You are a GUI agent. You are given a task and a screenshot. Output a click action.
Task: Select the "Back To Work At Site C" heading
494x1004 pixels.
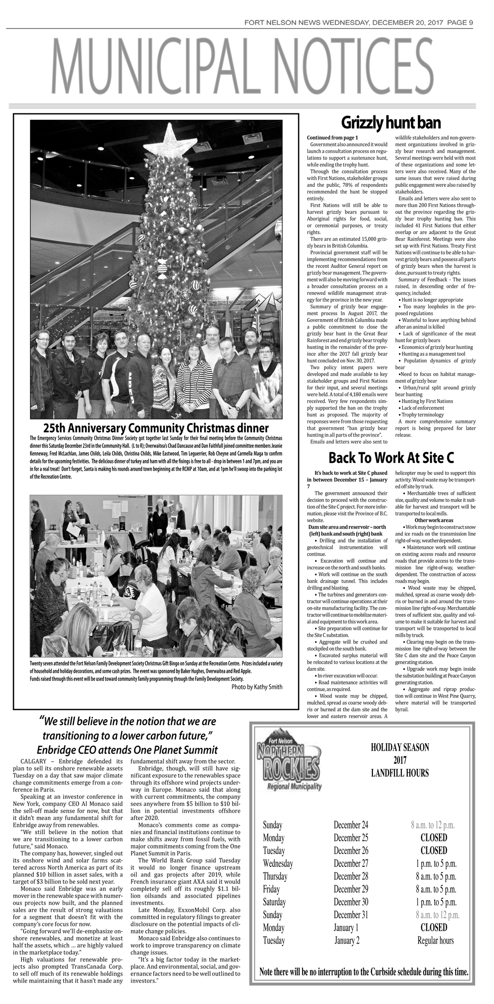point(391,457)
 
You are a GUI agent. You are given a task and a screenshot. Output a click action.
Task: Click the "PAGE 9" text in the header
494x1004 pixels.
point(460,22)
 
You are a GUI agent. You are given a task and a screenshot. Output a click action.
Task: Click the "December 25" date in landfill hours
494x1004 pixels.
point(351,837)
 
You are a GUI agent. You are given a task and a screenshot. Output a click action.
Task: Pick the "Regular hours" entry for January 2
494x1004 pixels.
point(435,940)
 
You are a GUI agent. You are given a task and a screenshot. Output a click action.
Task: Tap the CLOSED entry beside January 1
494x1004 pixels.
point(434,927)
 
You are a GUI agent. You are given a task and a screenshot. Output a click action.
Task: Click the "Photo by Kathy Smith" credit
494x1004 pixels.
point(257,687)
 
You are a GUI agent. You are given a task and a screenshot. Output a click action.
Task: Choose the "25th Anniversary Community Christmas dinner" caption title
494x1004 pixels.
point(156,428)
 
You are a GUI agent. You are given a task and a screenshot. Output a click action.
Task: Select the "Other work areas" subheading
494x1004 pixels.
point(434,520)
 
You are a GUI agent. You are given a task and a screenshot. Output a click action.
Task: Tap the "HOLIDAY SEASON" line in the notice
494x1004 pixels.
point(399,747)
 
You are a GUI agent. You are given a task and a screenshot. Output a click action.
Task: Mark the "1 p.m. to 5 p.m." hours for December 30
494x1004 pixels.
point(436,902)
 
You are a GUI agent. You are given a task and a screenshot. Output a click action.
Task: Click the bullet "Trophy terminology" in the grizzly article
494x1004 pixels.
point(414,415)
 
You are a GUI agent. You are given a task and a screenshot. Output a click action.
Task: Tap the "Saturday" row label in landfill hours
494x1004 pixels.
point(274,902)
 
